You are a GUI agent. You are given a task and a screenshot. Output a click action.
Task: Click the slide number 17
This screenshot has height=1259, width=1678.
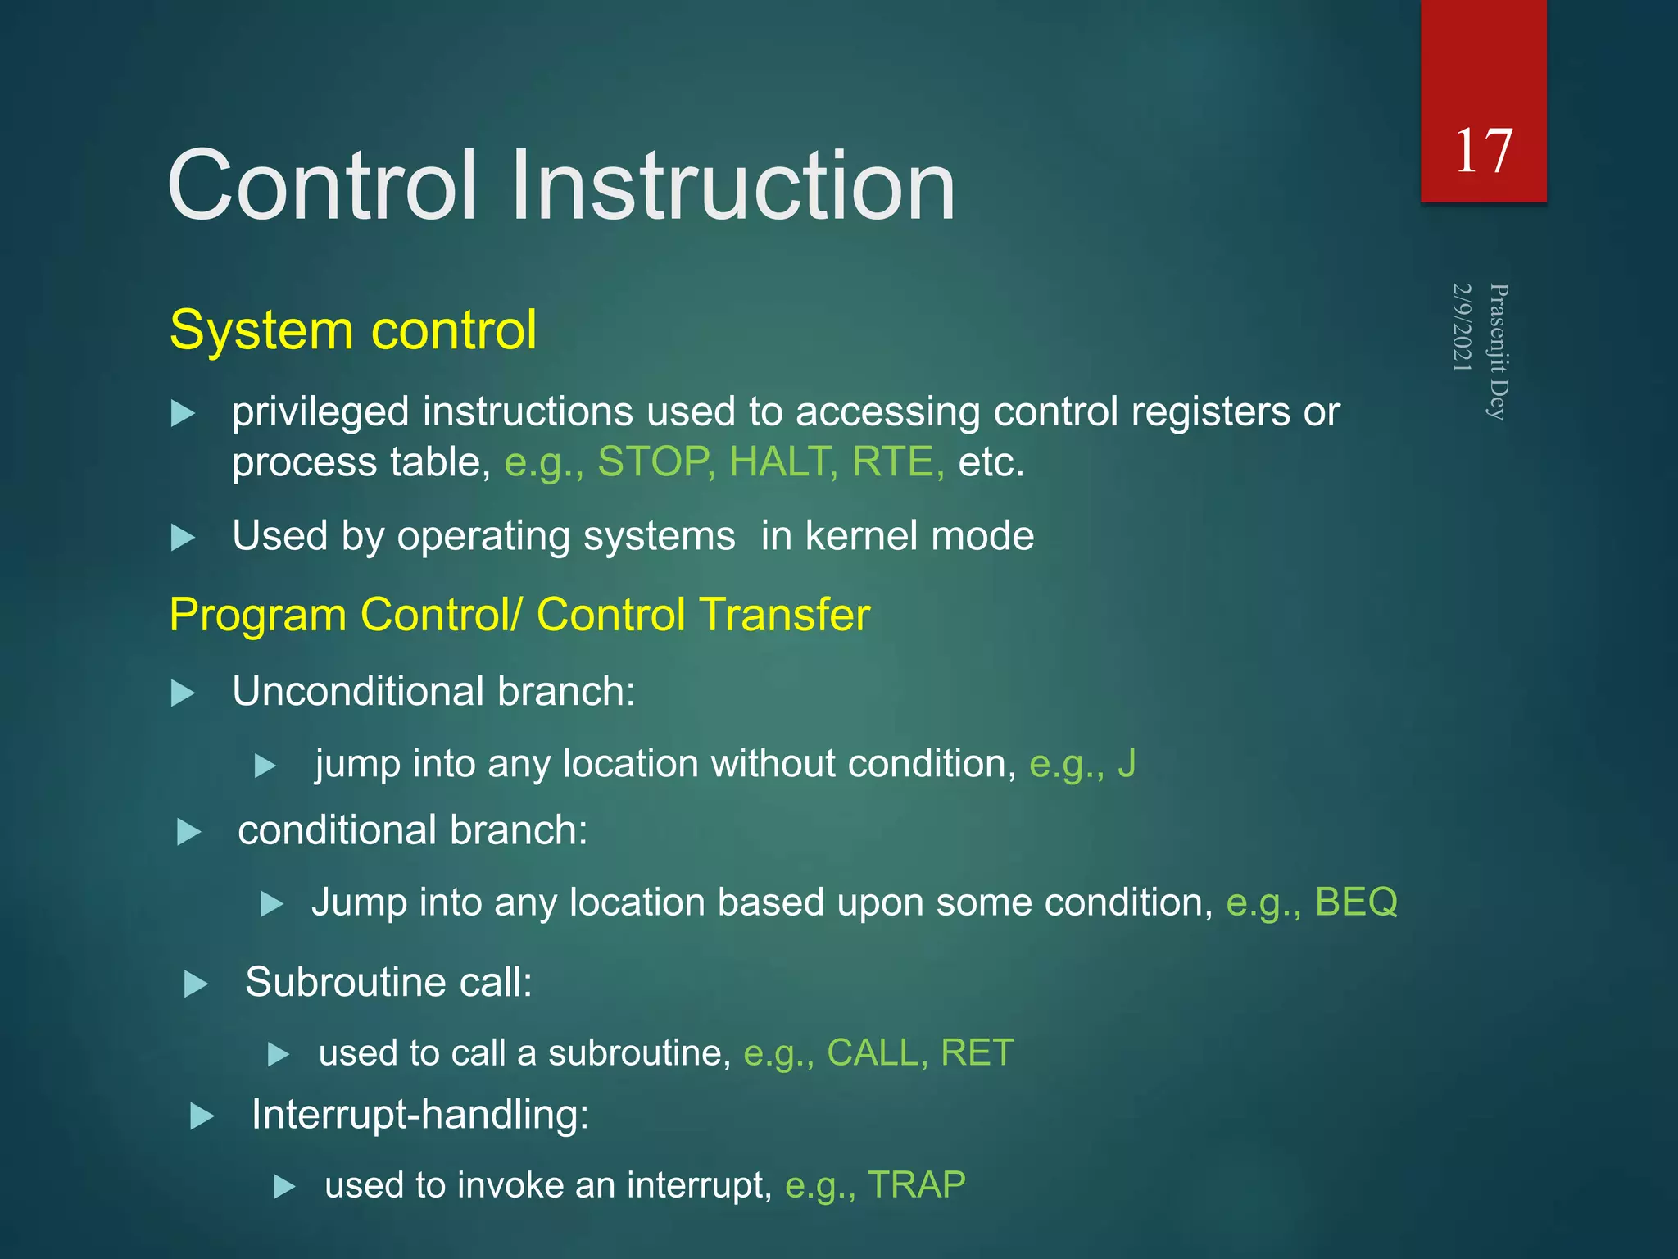1483,152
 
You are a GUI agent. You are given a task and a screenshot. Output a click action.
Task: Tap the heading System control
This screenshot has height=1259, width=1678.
353,330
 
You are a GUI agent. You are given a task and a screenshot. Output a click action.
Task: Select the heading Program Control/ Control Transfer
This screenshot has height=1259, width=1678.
519,615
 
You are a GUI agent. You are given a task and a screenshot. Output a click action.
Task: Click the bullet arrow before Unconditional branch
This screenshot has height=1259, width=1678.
183,693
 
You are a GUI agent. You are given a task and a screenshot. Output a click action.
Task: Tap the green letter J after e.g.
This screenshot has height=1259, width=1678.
1127,764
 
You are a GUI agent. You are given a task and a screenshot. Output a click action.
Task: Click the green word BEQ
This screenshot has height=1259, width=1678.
1356,902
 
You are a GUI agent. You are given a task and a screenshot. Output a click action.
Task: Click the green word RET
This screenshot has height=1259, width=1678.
977,1053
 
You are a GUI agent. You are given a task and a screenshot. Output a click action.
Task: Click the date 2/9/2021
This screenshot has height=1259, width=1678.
1463,327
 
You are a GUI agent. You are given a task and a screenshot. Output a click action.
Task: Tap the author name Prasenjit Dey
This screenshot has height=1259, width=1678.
1499,352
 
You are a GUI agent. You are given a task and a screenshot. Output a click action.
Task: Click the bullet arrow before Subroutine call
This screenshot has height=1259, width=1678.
196,984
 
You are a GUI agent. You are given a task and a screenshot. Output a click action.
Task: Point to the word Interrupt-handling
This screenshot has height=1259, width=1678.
419,1116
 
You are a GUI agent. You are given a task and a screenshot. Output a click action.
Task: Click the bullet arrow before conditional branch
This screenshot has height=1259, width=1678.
188,833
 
